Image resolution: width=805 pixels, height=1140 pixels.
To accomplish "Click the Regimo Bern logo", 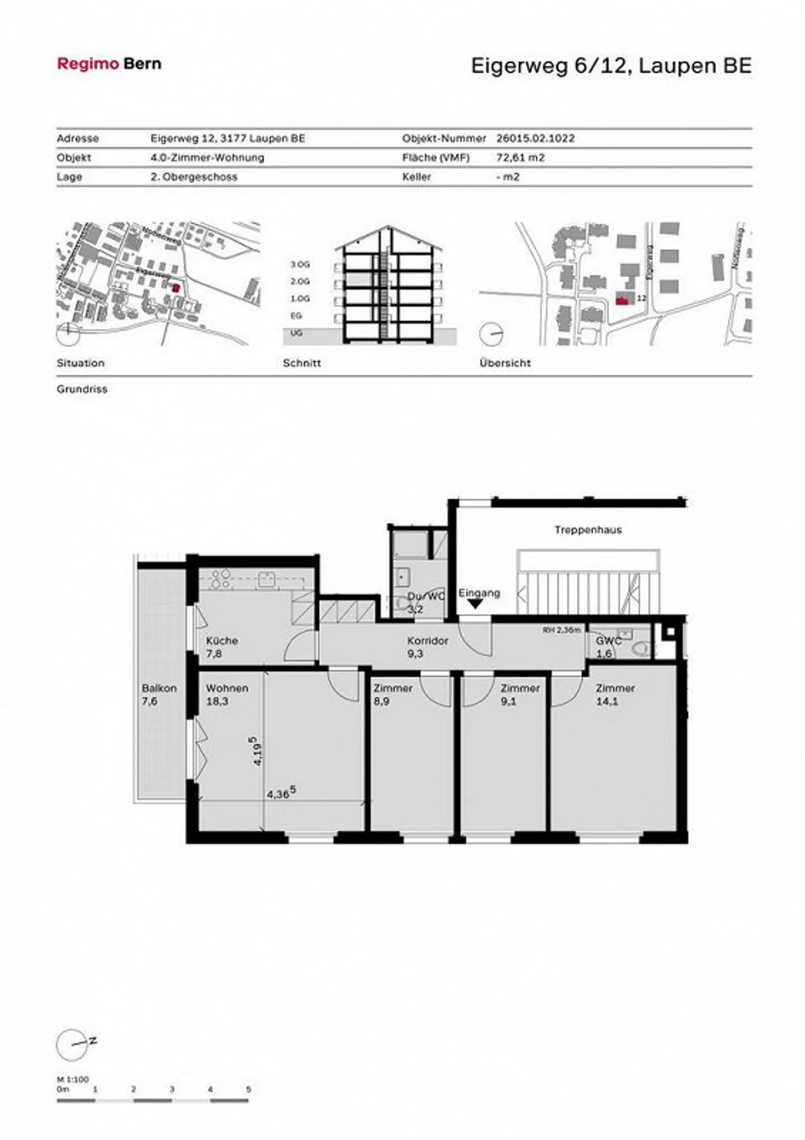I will pos(109,64).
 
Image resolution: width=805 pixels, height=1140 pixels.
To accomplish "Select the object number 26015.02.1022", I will pos(535,138).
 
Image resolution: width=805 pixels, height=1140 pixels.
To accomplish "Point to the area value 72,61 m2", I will pos(520,158).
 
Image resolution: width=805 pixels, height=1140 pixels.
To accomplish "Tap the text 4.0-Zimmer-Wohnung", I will pos(207,158).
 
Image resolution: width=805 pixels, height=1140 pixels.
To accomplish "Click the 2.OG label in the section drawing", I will pos(300,281).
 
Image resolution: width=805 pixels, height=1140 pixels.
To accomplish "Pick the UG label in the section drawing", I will pos(296,333).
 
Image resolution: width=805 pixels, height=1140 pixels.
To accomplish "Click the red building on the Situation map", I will pos(176,288).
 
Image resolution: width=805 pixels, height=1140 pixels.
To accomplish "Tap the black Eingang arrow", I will pos(475,604).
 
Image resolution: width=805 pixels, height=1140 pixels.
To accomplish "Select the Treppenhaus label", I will pos(588,529).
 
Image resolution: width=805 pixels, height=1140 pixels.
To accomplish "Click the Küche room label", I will pos(222,641).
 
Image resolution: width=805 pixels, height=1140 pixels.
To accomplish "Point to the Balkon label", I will pos(159,688).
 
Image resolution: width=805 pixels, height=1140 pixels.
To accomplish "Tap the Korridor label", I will pos(427,641).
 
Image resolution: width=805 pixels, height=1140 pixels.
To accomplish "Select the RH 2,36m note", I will pos(561,630).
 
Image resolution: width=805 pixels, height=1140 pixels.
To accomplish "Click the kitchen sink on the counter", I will pos(266,579).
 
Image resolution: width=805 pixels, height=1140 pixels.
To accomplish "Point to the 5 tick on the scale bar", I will pos(248,1089).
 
